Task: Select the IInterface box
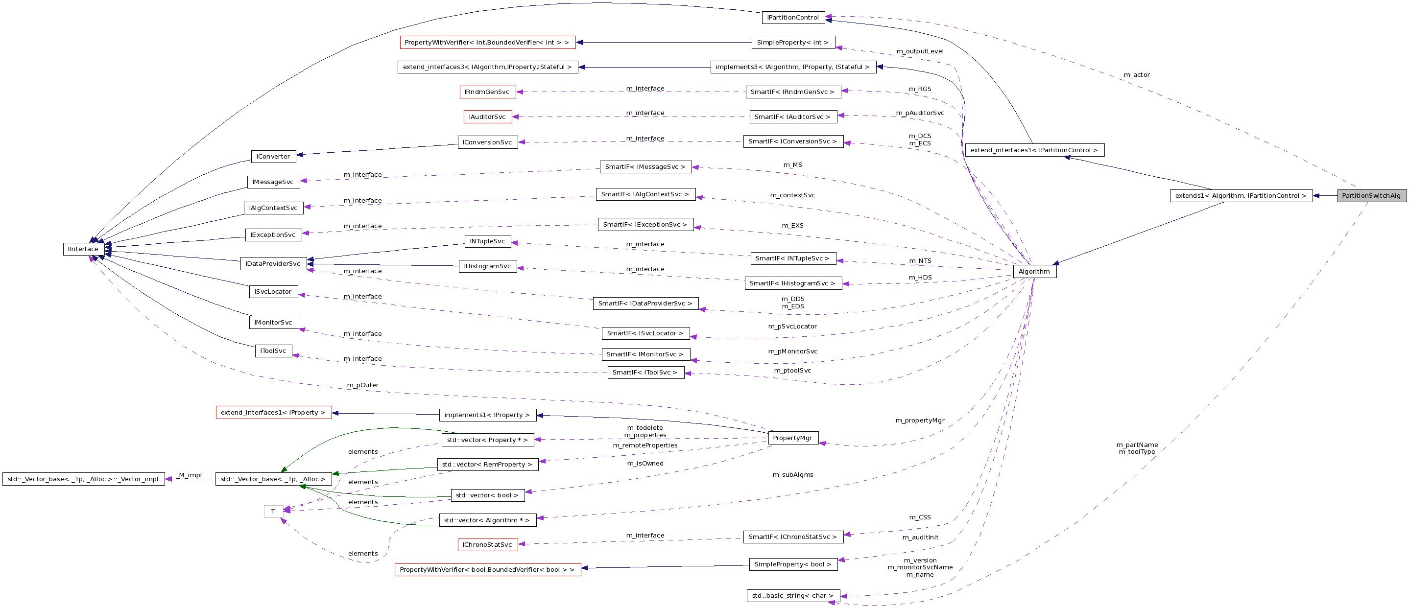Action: coord(83,249)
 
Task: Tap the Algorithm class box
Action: coord(1034,272)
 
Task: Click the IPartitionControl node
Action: coord(792,18)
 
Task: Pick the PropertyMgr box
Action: coord(792,438)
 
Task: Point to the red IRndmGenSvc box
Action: coord(487,92)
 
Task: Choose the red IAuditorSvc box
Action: coord(487,117)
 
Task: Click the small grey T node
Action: coord(273,512)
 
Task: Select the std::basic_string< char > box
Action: coord(792,595)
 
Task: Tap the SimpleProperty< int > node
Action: coord(792,43)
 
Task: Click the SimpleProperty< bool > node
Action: coord(792,564)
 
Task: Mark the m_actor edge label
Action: coord(1137,75)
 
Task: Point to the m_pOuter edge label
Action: coord(362,385)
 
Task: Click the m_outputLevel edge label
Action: coord(920,51)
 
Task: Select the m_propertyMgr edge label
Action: coord(920,421)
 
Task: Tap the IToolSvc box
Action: coord(273,351)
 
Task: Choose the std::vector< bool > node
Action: coord(487,495)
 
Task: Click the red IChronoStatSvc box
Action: coord(487,544)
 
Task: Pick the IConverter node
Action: coord(273,156)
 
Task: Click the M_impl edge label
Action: coord(191,475)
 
